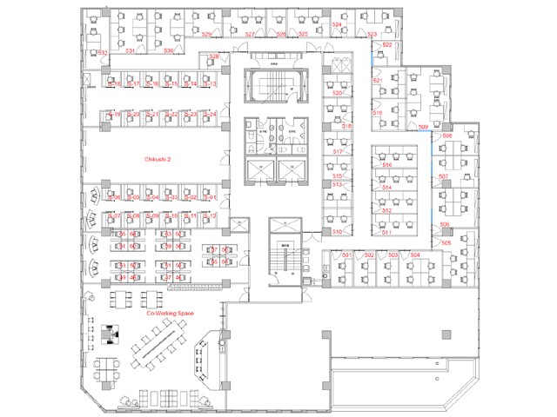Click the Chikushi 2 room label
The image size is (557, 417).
(158, 159)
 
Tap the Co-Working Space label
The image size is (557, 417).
(170, 313)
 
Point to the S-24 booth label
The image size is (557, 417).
(209, 115)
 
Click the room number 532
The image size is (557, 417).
(103, 54)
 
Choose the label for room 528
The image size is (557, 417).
(214, 58)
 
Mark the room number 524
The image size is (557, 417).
(337, 25)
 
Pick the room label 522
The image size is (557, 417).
(386, 44)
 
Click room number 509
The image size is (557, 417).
(423, 127)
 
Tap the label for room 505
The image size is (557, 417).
(446, 243)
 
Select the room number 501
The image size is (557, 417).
(346, 255)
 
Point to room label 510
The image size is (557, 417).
(337, 232)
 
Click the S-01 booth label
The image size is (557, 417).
(209, 198)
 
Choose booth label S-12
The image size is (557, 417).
(209, 215)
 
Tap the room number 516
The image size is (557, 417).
(386, 165)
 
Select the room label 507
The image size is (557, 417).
(444, 176)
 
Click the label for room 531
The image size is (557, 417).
(131, 52)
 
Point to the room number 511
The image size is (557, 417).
(386, 233)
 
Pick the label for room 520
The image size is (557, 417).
(337, 93)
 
